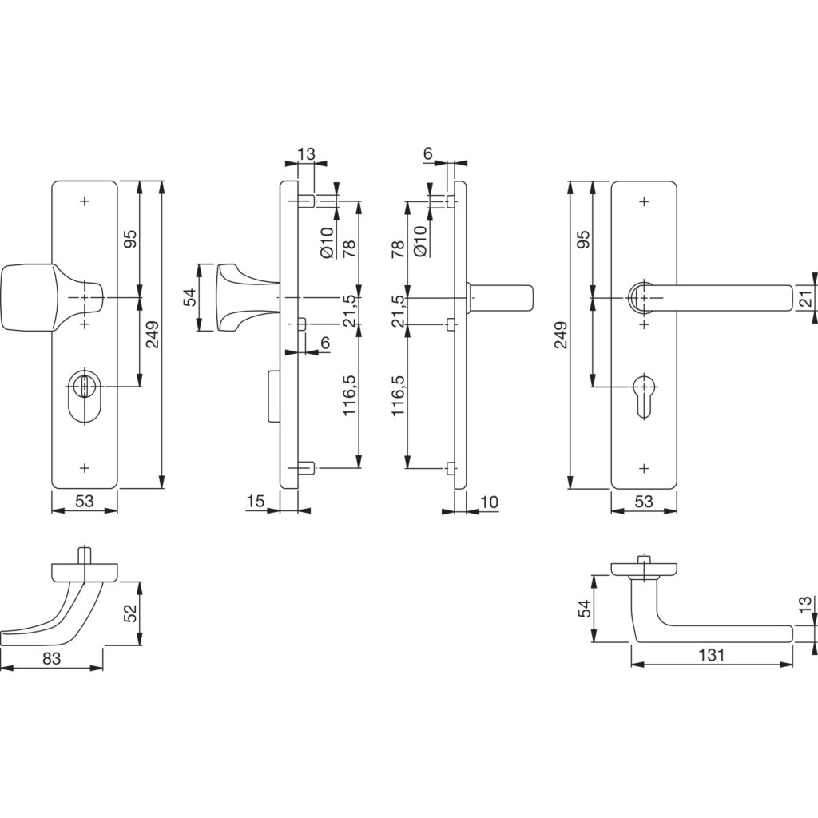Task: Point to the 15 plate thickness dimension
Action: (x=255, y=502)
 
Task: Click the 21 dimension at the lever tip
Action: (x=806, y=299)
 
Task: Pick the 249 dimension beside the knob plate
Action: (x=153, y=335)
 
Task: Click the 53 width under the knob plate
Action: (x=85, y=502)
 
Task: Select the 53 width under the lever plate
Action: (x=644, y=502)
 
